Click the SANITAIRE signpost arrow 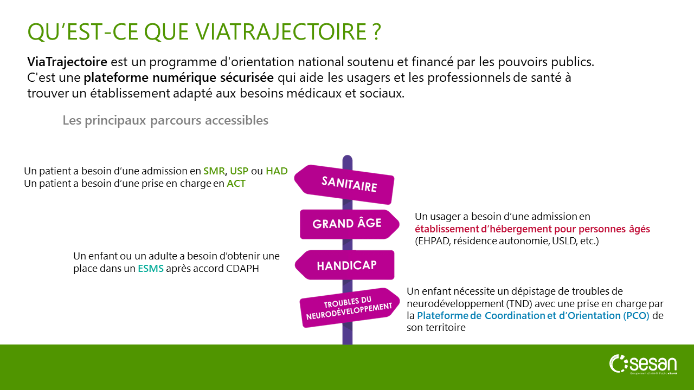344,185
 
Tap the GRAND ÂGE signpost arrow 350,224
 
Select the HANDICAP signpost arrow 344,265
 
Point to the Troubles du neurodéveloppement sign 350,308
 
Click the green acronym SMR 214,171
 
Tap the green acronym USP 239,171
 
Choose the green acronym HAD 277,171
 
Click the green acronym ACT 236,184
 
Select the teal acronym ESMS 151,268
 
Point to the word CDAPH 242,268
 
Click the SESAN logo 643,365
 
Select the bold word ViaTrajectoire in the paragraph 67,62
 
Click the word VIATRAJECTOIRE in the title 281,31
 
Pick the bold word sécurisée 247,77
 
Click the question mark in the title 377,31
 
